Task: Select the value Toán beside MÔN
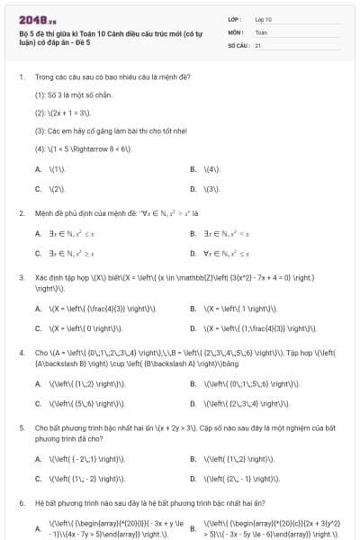click(x=261, y=31)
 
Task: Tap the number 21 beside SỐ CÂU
click(x=258, y=44)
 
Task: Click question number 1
click(x=21, y=77)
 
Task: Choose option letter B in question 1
click(x=193, y=168)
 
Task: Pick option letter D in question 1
click(x=193, y=189)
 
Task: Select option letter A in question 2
click(x=38, y=233)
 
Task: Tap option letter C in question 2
click(x=38, y=254)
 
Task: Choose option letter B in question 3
click(x=193, y=307)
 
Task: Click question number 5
click(x=21, y=427)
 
